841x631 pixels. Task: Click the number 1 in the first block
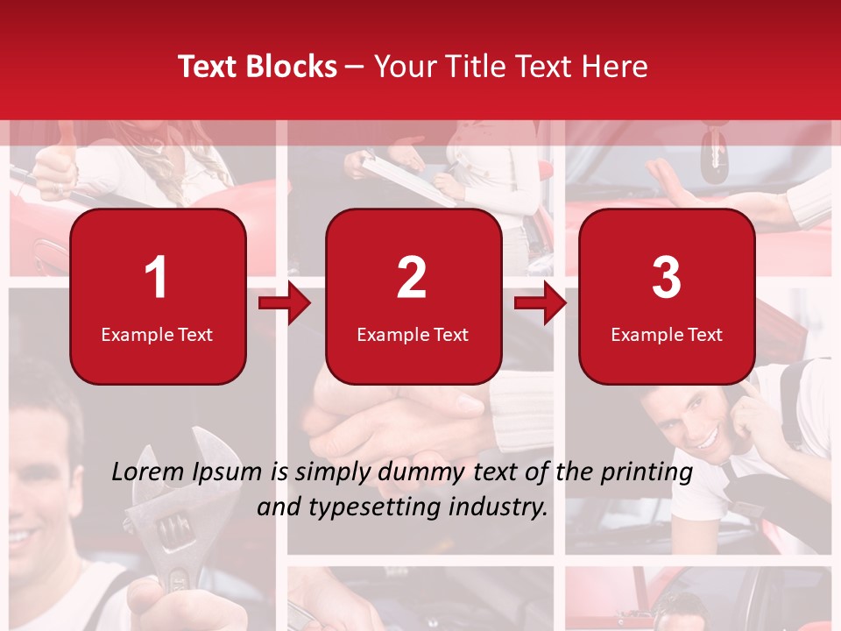coord(157,278)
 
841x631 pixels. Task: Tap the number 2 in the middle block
coord(412,278)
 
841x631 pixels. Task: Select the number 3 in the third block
coord(666,278)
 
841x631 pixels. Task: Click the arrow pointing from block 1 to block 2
coord(285,303)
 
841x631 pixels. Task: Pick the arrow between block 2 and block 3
coord(540,303)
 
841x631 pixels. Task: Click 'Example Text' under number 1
coord(157,335)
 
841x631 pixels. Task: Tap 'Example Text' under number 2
coord(413,335)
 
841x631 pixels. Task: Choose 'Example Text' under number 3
coord(667,335)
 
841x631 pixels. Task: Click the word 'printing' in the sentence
coord(647,472)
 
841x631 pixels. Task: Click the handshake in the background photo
coord(385,416)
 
